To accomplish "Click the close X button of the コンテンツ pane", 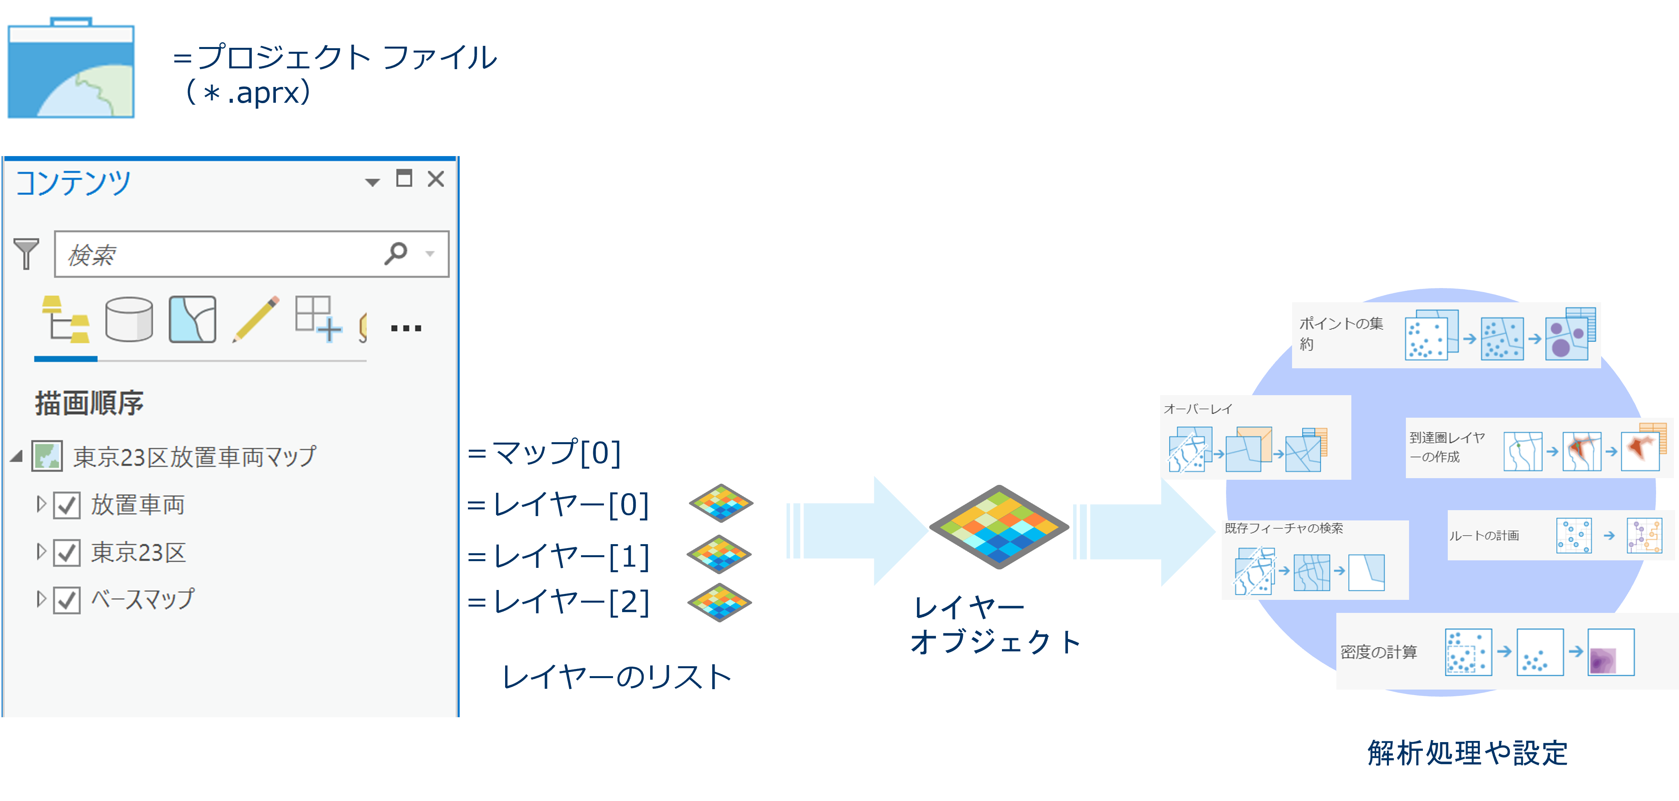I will pyautogui.click(x=436, y=179).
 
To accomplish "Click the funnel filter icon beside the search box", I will pyautogui.click(x=26, y=254).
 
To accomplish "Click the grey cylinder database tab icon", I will pyautogui.click(x=129, y=319).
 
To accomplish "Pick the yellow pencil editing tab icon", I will pyautogui.click(x=255, y=319).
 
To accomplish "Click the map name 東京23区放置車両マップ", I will pyautogui.click(x=194, y=456).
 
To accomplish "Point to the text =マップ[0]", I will pyautogui.click(x=544, y=453).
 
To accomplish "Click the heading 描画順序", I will pyautogui.click(x=89, y=403).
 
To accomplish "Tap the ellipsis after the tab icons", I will pyautogui.click(x=406, y=328).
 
